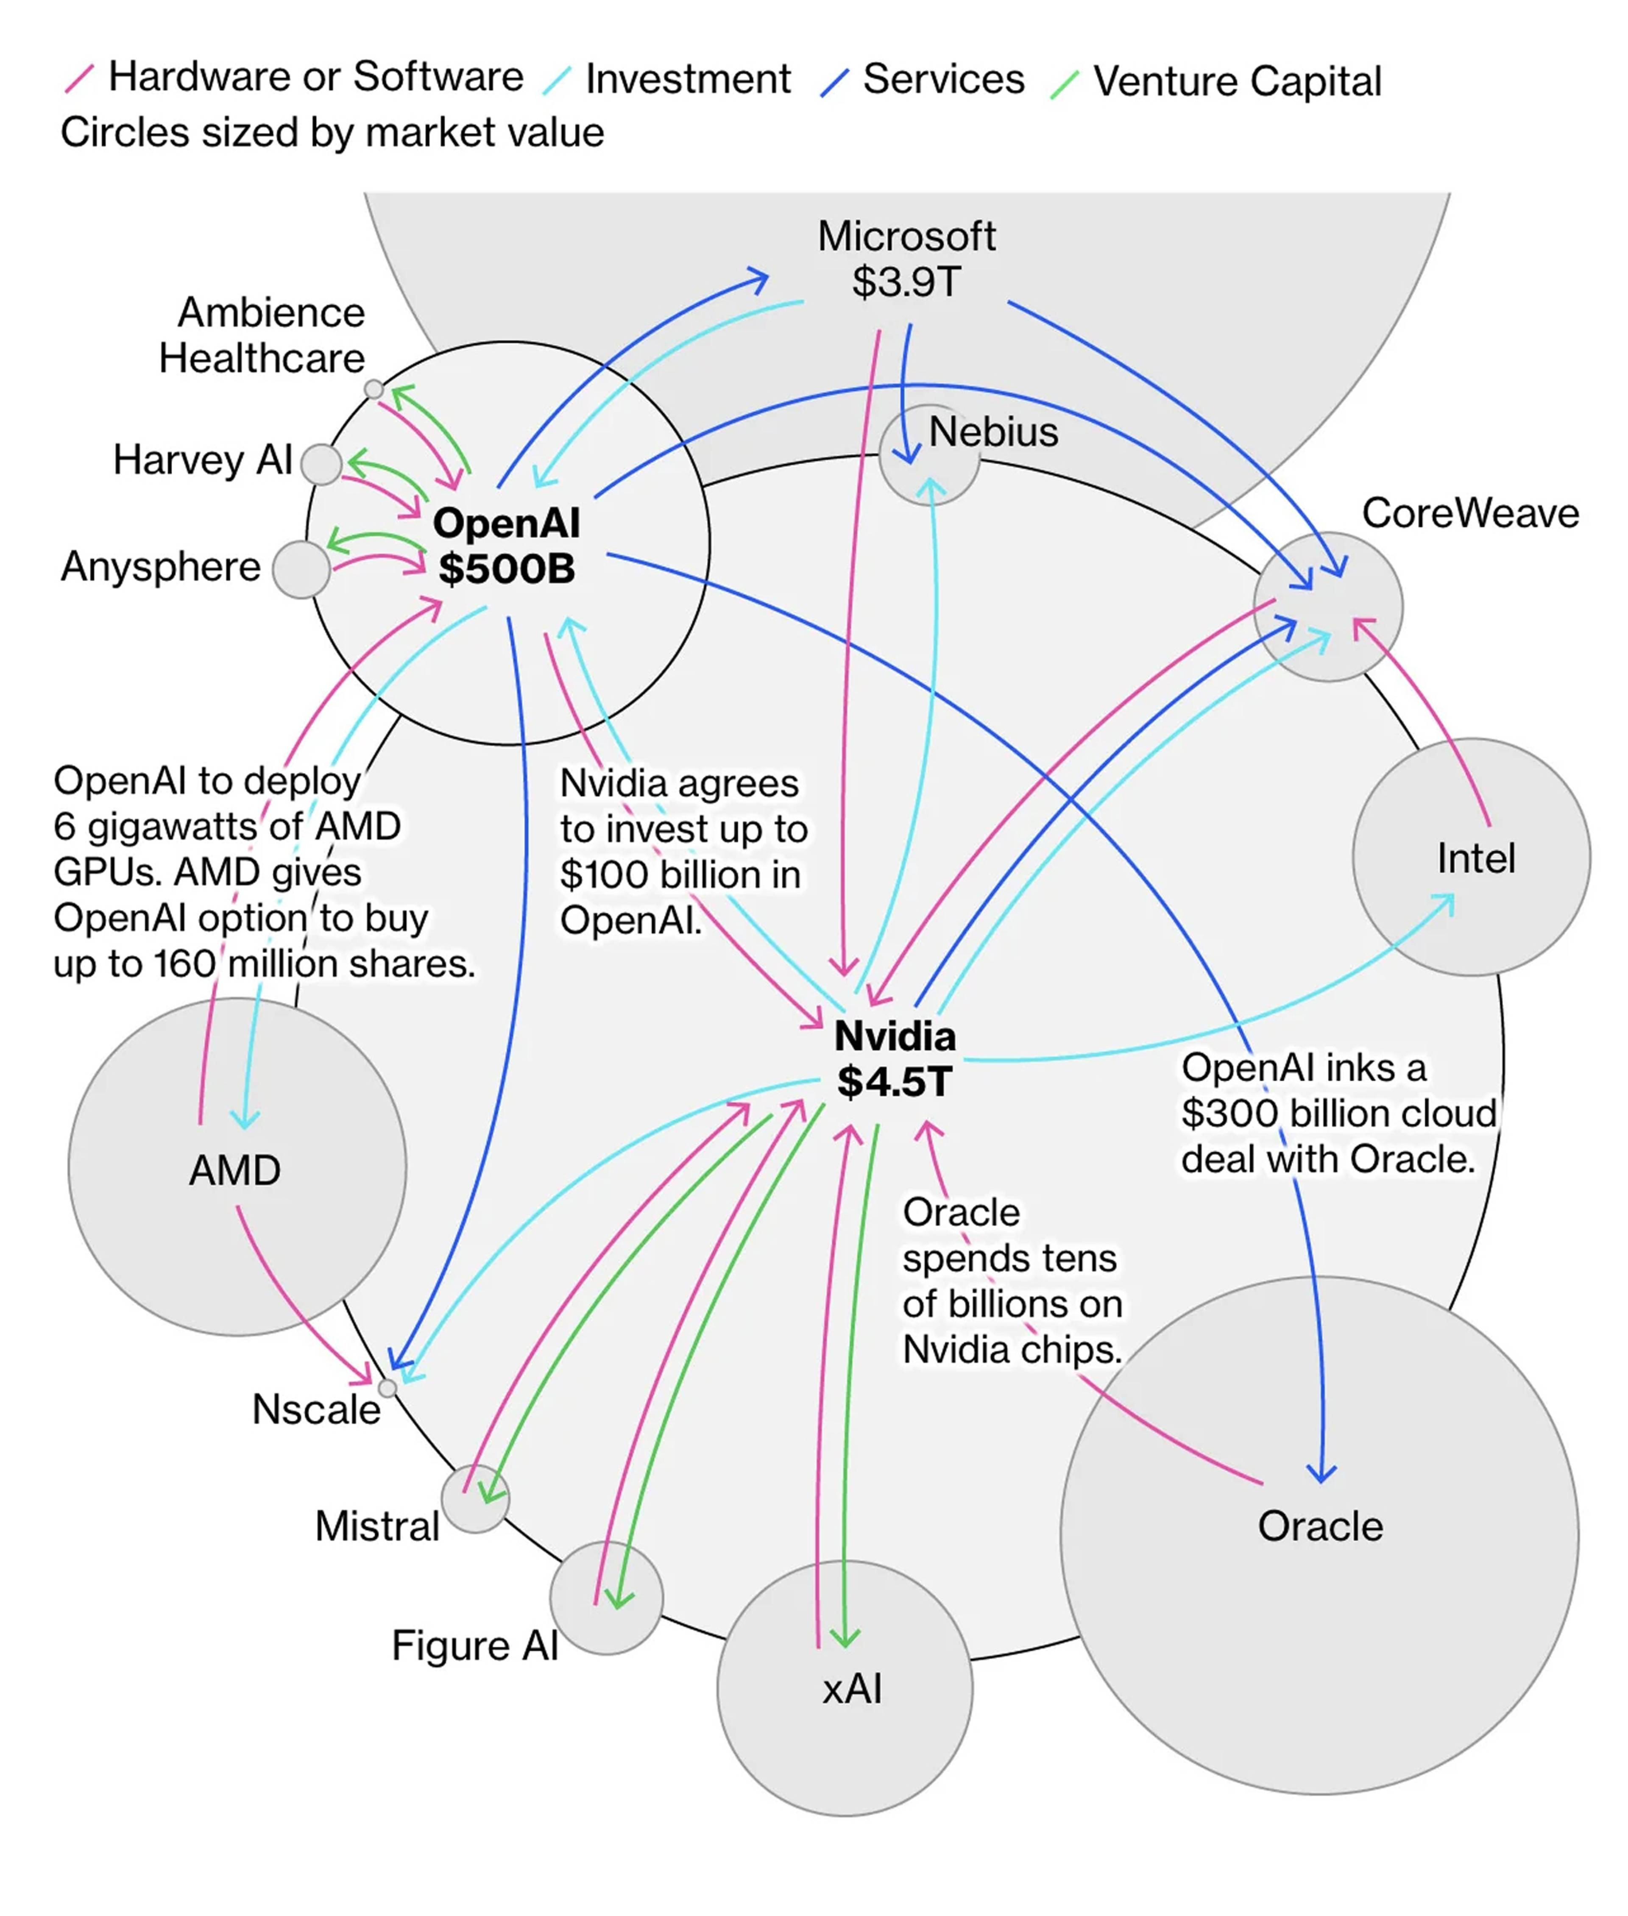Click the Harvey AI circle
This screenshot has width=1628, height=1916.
[321, 463]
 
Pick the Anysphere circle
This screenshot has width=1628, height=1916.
[301, 569]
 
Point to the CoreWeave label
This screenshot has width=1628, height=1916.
[1469, 513]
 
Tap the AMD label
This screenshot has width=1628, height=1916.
[235, 1170]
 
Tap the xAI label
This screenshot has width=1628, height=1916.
[852, 1689]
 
